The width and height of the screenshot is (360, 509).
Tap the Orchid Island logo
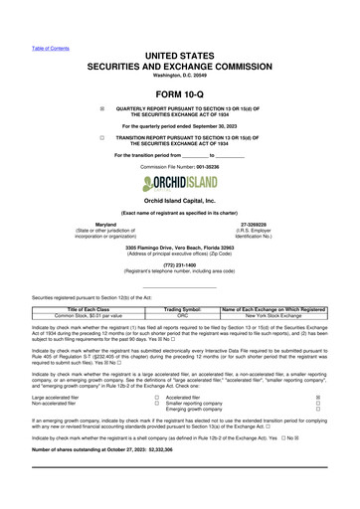click(x=180, y=186)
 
